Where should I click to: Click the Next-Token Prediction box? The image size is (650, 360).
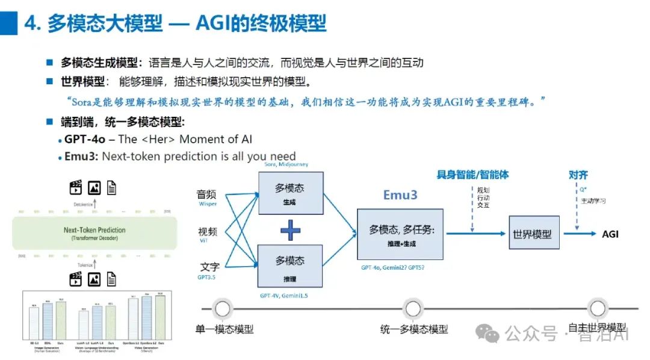94,234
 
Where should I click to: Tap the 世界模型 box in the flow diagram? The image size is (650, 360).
533,234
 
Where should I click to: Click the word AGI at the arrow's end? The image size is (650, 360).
610,234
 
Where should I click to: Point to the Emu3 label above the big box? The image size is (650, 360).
400,195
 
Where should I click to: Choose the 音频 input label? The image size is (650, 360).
207,194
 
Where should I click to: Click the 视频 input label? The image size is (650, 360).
207,232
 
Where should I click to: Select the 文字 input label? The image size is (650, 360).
208,267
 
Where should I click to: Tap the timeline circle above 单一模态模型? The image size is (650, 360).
223,309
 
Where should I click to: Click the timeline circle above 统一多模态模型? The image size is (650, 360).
413,309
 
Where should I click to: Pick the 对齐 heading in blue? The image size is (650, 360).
578,175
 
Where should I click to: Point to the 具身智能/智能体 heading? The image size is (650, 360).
472,175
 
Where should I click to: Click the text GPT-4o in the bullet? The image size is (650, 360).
85,139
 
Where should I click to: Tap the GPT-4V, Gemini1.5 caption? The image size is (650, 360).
289,296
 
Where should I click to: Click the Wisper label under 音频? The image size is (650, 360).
208,204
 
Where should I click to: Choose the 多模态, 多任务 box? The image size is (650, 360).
400,234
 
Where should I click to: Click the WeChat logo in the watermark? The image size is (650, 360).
488,332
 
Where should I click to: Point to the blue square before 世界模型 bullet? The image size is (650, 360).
50,81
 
